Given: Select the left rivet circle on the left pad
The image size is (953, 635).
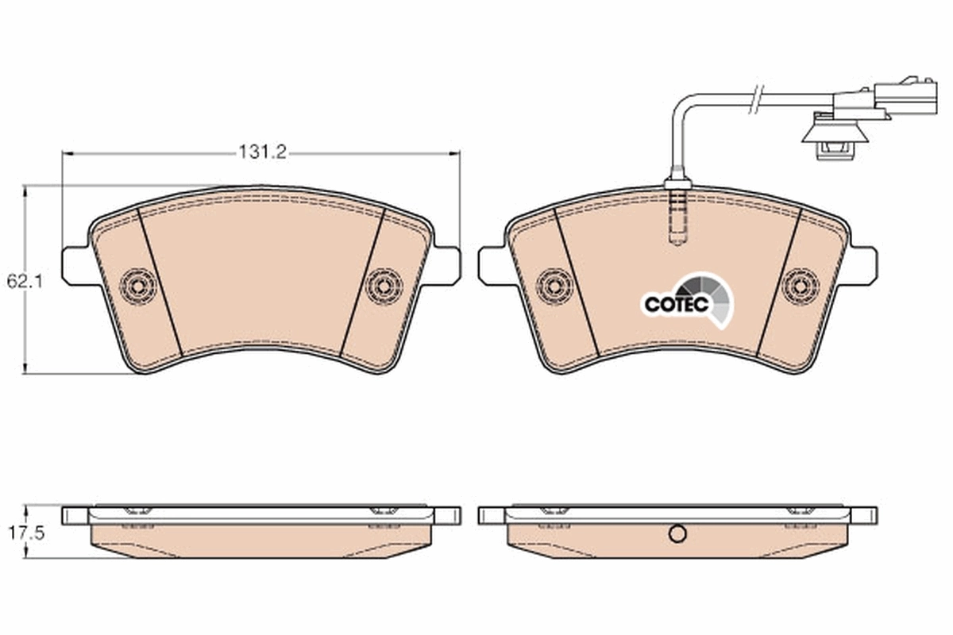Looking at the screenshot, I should pyautogui.click(x=138, y=285).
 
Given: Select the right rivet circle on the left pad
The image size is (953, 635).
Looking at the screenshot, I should pyautogui.click(x=384, y=286).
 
